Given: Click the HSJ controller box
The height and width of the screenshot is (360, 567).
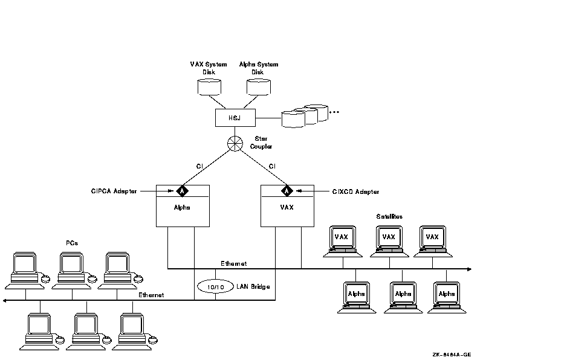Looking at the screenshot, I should pyautogui.click(x=235, y=117).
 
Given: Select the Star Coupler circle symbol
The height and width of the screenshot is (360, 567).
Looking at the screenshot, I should pyautogui.click(x=235, y=144).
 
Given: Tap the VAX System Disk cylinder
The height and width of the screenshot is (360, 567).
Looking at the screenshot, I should pyautogui.click(x=209, y=86).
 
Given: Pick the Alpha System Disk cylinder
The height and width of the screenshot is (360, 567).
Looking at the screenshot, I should pyautogui.click(x=259, y=86).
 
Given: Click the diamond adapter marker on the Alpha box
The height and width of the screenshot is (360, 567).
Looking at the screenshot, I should pyautogui.click(x=182, y=191).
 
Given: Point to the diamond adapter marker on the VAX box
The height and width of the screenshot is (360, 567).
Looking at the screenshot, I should pyautogui.click(x=287, y=191).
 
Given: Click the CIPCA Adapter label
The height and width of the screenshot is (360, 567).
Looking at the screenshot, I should pyautogui.click(x=114, y=191).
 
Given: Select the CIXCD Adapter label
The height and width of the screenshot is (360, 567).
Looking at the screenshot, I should pyautogui.click(x=355, y=191).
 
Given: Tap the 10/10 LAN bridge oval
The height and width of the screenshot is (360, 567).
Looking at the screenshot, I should pyautogui.click(x=215, y=286).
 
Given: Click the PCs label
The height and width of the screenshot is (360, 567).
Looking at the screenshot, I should pyautogui.click(x=71, y=243).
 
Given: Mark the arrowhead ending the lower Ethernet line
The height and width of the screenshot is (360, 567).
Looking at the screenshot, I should pyautogui.click(x=5, y=300).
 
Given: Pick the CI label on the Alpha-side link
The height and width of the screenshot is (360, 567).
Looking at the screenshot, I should pyautogui.click(x=199, y=166).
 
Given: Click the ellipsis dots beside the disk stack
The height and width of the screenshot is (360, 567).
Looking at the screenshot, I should pyautogui.click(x=334, y=112).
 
